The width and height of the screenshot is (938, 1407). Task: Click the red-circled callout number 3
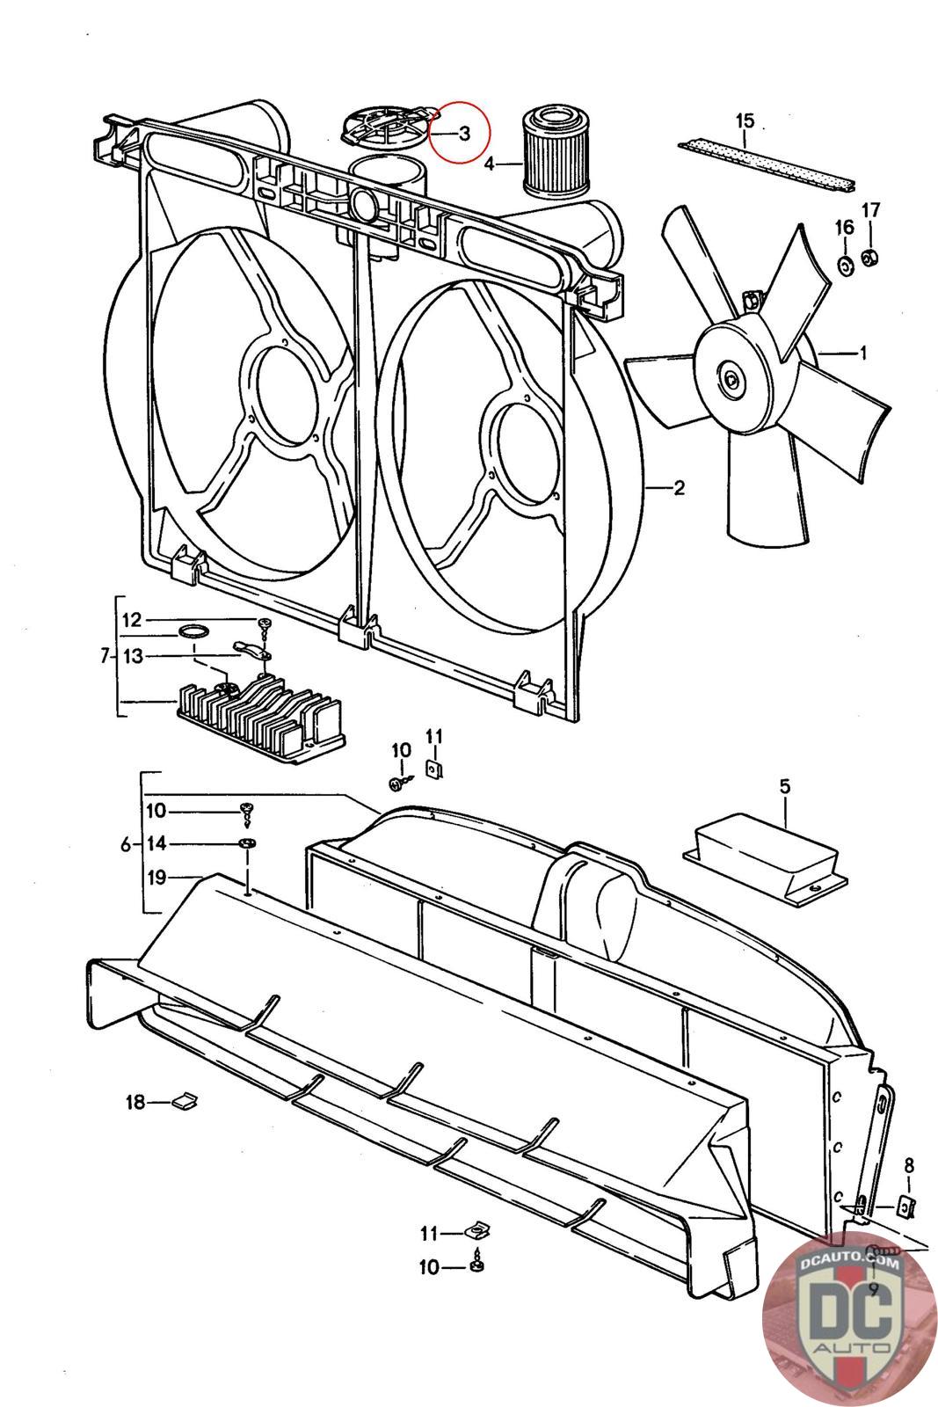point(464,133)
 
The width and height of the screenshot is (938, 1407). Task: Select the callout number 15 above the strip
point(745,120)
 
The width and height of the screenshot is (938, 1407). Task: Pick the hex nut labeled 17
point(870,257)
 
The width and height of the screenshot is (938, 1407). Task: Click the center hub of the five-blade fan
point(732,379)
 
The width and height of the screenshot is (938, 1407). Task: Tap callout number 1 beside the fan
point(862,353)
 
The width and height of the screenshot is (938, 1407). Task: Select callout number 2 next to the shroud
point(679,487)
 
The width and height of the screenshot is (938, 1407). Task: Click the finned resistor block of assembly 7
point(260,718)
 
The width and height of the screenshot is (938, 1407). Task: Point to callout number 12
point(132,620)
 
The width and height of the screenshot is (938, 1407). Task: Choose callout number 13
point(133,656)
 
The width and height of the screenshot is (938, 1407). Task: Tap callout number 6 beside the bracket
point(126,845)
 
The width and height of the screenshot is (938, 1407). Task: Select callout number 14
point(156,843)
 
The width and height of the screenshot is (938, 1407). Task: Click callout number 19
point(156,877)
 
